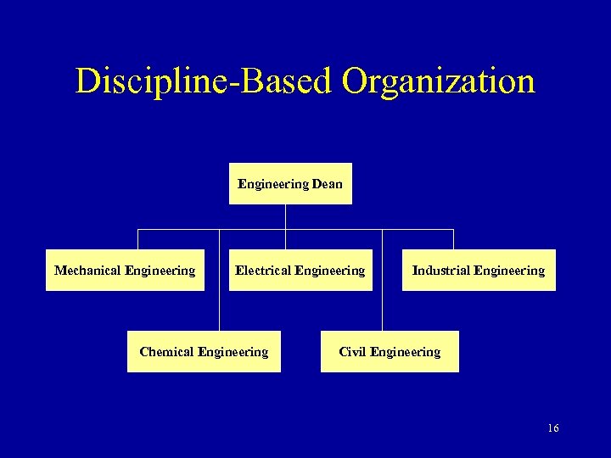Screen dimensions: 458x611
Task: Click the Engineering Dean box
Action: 290,184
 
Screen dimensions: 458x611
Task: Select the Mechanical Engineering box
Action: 125,271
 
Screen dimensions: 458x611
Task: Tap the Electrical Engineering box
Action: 300,271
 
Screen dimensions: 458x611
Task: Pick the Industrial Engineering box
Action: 479,271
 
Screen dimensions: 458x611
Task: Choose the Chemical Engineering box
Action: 204,352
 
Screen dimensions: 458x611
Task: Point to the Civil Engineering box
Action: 390,352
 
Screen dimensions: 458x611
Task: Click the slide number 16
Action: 553,428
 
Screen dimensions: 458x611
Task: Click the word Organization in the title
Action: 439,81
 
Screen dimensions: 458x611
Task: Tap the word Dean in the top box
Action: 327,184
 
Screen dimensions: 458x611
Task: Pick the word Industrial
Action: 440,271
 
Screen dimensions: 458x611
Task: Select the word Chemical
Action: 168,352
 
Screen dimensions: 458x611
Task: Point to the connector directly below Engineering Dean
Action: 286,216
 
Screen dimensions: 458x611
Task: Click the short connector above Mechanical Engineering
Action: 138,239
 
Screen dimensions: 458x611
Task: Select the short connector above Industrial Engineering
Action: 453,239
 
